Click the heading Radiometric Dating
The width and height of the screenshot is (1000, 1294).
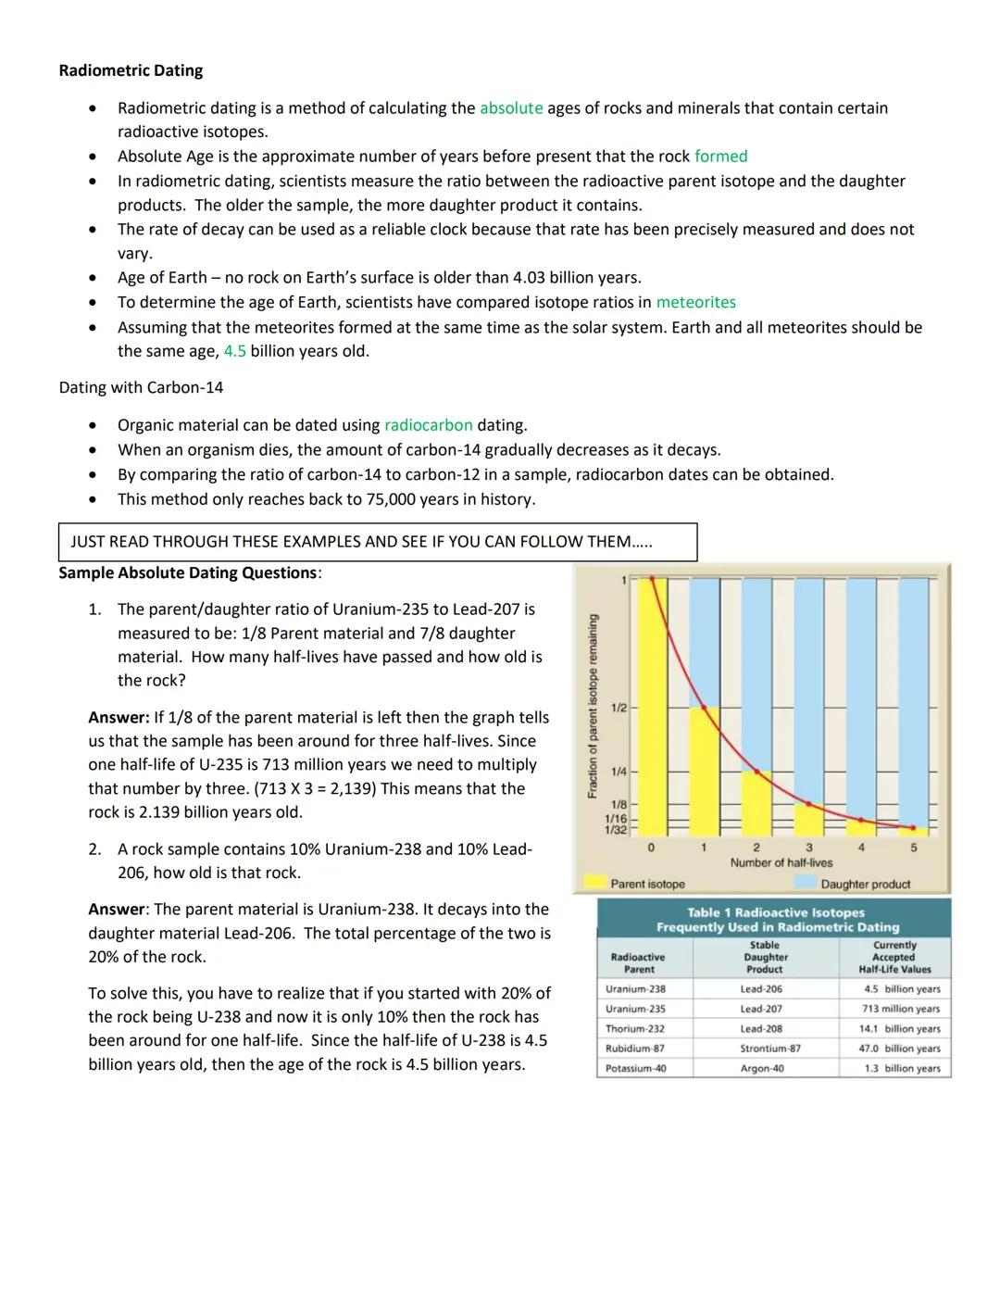pyautogui.click(x=131, y=70)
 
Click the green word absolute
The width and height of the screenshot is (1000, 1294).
pyautogui.click(x=511, y=108)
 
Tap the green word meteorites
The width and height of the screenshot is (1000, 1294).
pyautogui.click(x=695, y=302)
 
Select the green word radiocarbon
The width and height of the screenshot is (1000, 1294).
pyautogui.click(x=428, y=425)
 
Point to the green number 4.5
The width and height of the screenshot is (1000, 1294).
pyautogui.click(x=234, y=351)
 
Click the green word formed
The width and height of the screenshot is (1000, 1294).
pyautogui.click(x=720, y=157)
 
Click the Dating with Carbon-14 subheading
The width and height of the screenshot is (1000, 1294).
pyautogui.click(x=141, y=387)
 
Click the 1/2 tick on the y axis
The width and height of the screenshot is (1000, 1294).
pyautogui.click(x=619, y=708)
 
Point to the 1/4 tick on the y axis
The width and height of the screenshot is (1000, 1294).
pyautogui.click(x=619, y=772)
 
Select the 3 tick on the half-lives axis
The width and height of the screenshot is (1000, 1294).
pyautogui.click(x=808, y=848)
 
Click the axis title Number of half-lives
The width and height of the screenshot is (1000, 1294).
pyautogui.click(x=781, y=862)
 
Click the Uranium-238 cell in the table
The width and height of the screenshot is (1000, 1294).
pyautogui.click(x=635, y=989)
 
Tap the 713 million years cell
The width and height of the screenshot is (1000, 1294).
pyautogui.click(x=900, y=1009)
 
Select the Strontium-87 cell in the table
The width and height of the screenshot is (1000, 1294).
pyautogui.click(x=769, y=1049)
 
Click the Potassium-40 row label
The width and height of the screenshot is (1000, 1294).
pyautogui.click(x=635, y=1068)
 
